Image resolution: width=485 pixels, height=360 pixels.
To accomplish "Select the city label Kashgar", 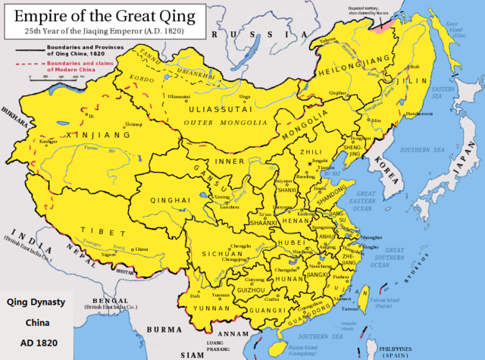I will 48,141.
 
